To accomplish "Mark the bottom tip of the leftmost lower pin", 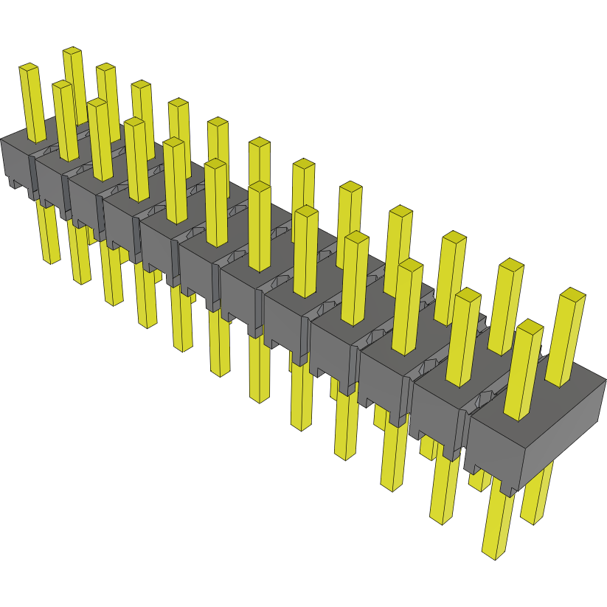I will tap(51, 260).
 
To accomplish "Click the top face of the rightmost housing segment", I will tap(542, 398).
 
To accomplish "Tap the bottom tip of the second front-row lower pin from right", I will tap(441, 518).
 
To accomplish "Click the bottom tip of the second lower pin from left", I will tap(81, 280).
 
